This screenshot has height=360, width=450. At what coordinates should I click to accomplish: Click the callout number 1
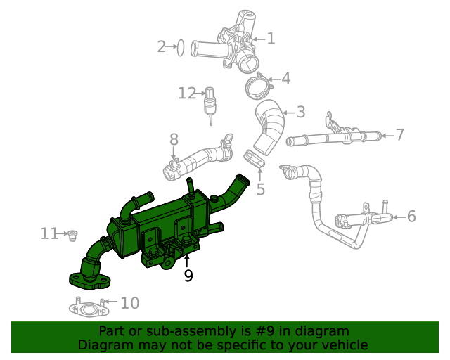(x=271, y=39)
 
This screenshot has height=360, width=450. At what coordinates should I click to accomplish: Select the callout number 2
(x=162, y=47)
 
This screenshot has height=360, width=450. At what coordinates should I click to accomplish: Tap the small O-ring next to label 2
(x=180, y=48)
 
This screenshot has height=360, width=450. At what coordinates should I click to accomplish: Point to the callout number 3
(x=300, y=112)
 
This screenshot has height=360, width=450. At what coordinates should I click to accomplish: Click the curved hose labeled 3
(x=269, y=127)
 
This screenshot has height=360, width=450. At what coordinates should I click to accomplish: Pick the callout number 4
(x=285, y=79)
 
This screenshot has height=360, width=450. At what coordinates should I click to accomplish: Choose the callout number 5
(x=260, y=188)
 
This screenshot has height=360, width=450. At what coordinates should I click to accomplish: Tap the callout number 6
(x=411, y=217)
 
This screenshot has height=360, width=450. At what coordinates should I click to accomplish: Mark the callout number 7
(x=399, y=134)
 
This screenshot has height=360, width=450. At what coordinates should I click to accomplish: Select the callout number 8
(x=174, y=140)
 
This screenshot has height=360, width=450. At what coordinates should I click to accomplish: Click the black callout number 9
(x=188, y=276)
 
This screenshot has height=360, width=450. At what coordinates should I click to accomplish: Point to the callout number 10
(x=130, y=303)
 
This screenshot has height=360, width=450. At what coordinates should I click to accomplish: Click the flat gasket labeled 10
(x=87, y=308)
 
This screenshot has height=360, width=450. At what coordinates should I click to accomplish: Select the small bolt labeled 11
(x=72, y=234)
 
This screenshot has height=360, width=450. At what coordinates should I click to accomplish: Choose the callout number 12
(x=186, y=93)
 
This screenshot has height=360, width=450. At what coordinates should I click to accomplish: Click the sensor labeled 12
(x=209, y=103)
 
